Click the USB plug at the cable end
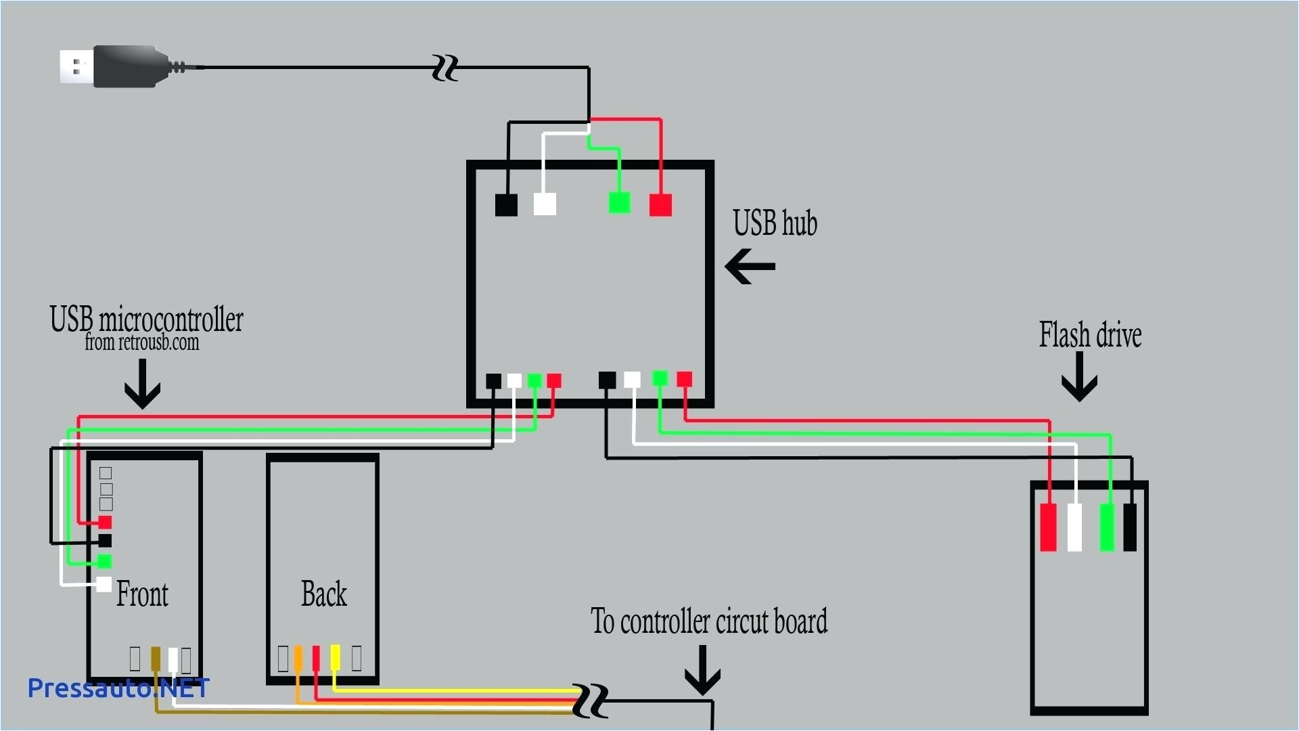(115, 66)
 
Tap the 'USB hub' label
(775, 223)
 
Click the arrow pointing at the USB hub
(750, 266)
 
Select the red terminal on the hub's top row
(660, 204)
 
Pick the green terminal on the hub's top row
(619, 202)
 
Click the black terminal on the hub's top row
(506, 204)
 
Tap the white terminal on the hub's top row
(545, 204)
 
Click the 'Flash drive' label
(1090, 335)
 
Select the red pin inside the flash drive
(1048, 527)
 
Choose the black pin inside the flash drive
(1129, 527)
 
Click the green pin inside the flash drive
(1107, 527)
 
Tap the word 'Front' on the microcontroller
(142, 594)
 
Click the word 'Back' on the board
(323, 594)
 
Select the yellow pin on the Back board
(335, 657)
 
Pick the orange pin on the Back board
(298, 658)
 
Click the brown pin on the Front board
(156, 659)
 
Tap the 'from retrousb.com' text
(141, 342)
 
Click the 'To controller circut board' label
(708, 621)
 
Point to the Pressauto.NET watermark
(118, 688)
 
